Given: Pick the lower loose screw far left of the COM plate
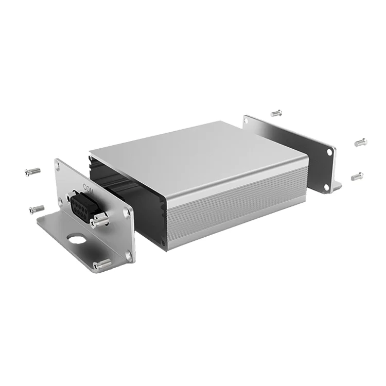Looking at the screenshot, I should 37,209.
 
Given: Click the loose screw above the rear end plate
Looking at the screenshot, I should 276,112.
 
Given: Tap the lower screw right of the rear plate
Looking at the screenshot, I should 357,177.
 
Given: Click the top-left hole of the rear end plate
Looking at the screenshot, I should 247,121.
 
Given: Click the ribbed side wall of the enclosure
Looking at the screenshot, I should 232,206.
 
